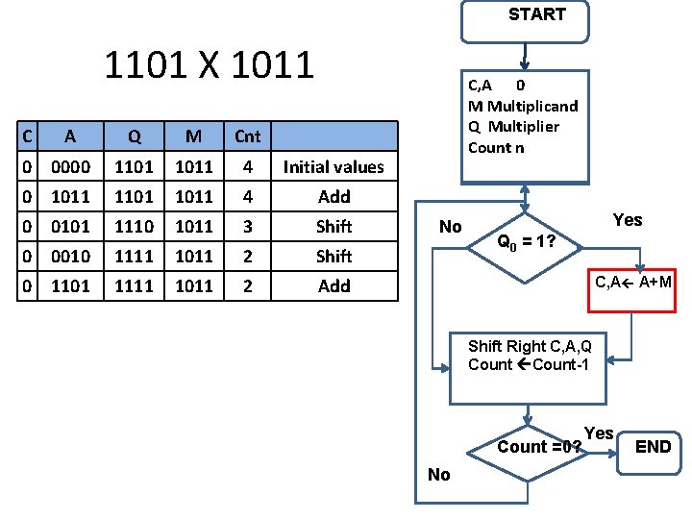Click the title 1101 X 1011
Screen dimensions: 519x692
[209, 65]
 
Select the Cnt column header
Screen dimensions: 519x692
[247, 136]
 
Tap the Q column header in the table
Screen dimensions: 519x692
[133, 136]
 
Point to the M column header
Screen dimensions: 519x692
[193, 136]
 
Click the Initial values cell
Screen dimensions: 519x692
[334, 167]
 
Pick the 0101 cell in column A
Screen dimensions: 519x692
[71, 227]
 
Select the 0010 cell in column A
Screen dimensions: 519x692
[71, 257]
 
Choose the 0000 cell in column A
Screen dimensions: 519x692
[71, 167]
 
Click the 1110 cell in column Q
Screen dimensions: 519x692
[133, 227]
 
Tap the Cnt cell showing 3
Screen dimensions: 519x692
[247, 227]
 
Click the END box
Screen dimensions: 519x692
[654, 446]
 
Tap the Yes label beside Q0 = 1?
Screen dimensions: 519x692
[627, 220]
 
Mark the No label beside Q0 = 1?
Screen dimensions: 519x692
[450, 227]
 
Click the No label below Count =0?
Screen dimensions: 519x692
[438, 474]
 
